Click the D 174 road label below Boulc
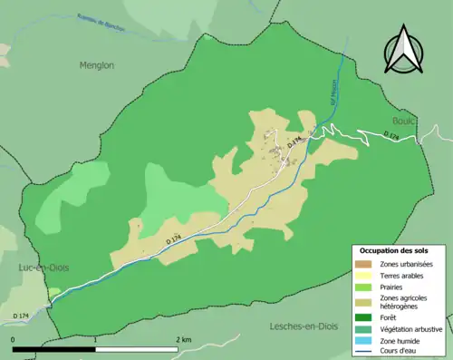[391, 136]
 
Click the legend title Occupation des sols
[394, 250]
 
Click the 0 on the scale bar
[13, 339]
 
